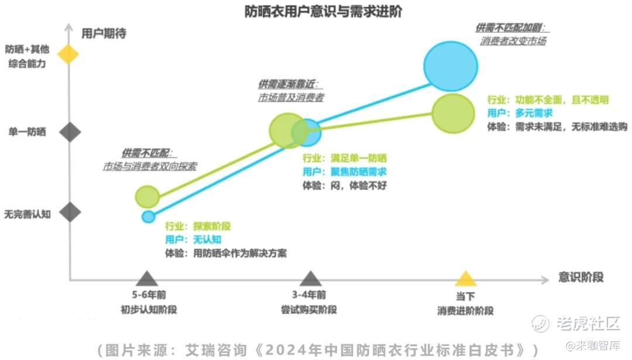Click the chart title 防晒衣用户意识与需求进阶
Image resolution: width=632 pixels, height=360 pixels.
(x=323, y=11)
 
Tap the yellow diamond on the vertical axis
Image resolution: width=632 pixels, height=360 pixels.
(x=68, y=54)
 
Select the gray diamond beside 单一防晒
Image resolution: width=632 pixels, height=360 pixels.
(x=70, y=132)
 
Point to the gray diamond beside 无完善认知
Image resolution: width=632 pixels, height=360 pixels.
(x=70, y=212)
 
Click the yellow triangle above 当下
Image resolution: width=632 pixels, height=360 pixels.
(x=466, y=278)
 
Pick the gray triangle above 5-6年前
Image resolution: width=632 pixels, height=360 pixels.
(x=147, y=278)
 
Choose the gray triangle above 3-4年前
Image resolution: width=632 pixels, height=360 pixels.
(x=310, y=278)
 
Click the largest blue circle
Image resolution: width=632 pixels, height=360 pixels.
(x=451, y=66)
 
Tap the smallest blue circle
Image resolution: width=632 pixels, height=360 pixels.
(x=148, y=217)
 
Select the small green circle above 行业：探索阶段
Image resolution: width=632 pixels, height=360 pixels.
(x=147, y=197)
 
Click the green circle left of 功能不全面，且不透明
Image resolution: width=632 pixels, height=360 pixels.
(x=453, y=114)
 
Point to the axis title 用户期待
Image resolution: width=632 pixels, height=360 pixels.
(x=104, y=33)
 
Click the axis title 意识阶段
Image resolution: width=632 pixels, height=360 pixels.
(x=581, y=277)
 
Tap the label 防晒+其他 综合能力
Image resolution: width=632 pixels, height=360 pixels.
(x=27, y=56)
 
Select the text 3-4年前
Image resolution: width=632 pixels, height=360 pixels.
(x=309, y=294)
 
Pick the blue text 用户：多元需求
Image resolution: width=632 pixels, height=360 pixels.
(x=520, y=113)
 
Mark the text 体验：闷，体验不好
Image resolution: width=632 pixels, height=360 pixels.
(x=345, y=186)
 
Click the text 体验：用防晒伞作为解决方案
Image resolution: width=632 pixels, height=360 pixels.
(x=226, y=253)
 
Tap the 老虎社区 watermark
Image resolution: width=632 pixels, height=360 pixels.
(x=576, y=323)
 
